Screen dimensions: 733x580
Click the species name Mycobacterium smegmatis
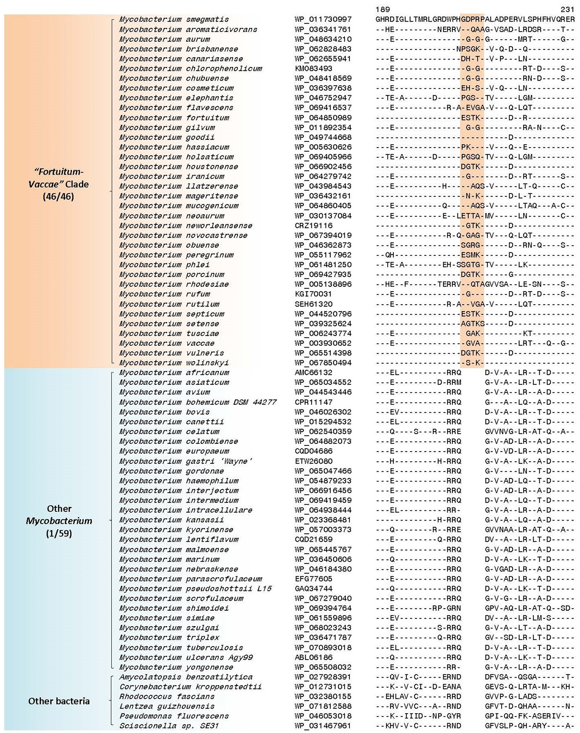coord(174,20)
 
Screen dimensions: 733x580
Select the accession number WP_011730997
coord(323,20)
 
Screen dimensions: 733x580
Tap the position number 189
coord(383,9)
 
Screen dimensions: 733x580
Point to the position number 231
coord(567,9)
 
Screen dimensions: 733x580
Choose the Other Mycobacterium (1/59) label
coord(59,521)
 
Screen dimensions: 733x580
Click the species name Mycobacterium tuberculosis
coord(181,648)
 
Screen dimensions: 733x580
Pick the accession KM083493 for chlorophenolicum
coord(314,69)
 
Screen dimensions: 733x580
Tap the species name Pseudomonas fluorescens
coord(174,716)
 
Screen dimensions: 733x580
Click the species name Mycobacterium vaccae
coord(167,343)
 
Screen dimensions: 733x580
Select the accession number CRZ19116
coord(314,225)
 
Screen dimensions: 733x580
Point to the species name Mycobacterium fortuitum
coord(174,118)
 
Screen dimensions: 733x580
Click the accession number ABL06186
coord(314,657)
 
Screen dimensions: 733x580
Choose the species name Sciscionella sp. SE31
coord(169,726)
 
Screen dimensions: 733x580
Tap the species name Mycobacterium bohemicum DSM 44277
coord(198,402)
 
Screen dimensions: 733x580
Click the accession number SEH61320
coord(314,304)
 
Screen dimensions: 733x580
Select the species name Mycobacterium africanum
coord(174,373)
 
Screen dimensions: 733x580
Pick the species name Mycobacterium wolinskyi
coord(174,363)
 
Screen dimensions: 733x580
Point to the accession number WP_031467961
coord(323,726)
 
